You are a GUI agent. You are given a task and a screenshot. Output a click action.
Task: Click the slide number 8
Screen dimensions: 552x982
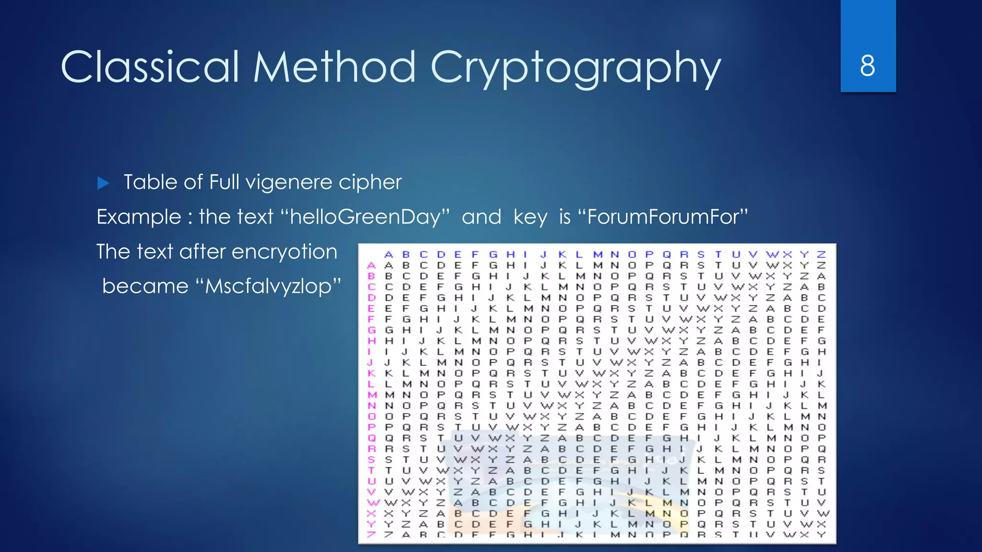(867, 66)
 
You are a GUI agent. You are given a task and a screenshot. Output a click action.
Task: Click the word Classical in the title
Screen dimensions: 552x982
(150, 67)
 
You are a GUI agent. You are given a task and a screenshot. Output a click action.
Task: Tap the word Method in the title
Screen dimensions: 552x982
(334, 67)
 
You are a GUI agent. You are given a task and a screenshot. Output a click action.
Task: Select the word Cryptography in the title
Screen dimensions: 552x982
(575, 68)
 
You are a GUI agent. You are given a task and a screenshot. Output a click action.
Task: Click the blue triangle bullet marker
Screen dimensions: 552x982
(103, 183)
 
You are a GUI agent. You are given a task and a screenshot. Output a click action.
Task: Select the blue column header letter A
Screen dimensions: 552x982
(388, 254)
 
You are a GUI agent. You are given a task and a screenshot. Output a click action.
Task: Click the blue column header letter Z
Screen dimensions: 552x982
(821, 254)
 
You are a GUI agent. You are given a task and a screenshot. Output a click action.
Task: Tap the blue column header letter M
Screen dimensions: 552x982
(597, 254)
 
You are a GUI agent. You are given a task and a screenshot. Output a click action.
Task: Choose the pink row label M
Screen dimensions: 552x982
(372, 395)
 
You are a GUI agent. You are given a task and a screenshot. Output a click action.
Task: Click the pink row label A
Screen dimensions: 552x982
(371, 265)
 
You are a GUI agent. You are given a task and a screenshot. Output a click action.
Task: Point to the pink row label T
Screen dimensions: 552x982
(371, 471)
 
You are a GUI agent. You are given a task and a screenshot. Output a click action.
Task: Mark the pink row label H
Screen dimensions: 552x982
(372, 341)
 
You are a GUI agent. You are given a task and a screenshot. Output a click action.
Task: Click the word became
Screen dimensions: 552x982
(145, 287)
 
